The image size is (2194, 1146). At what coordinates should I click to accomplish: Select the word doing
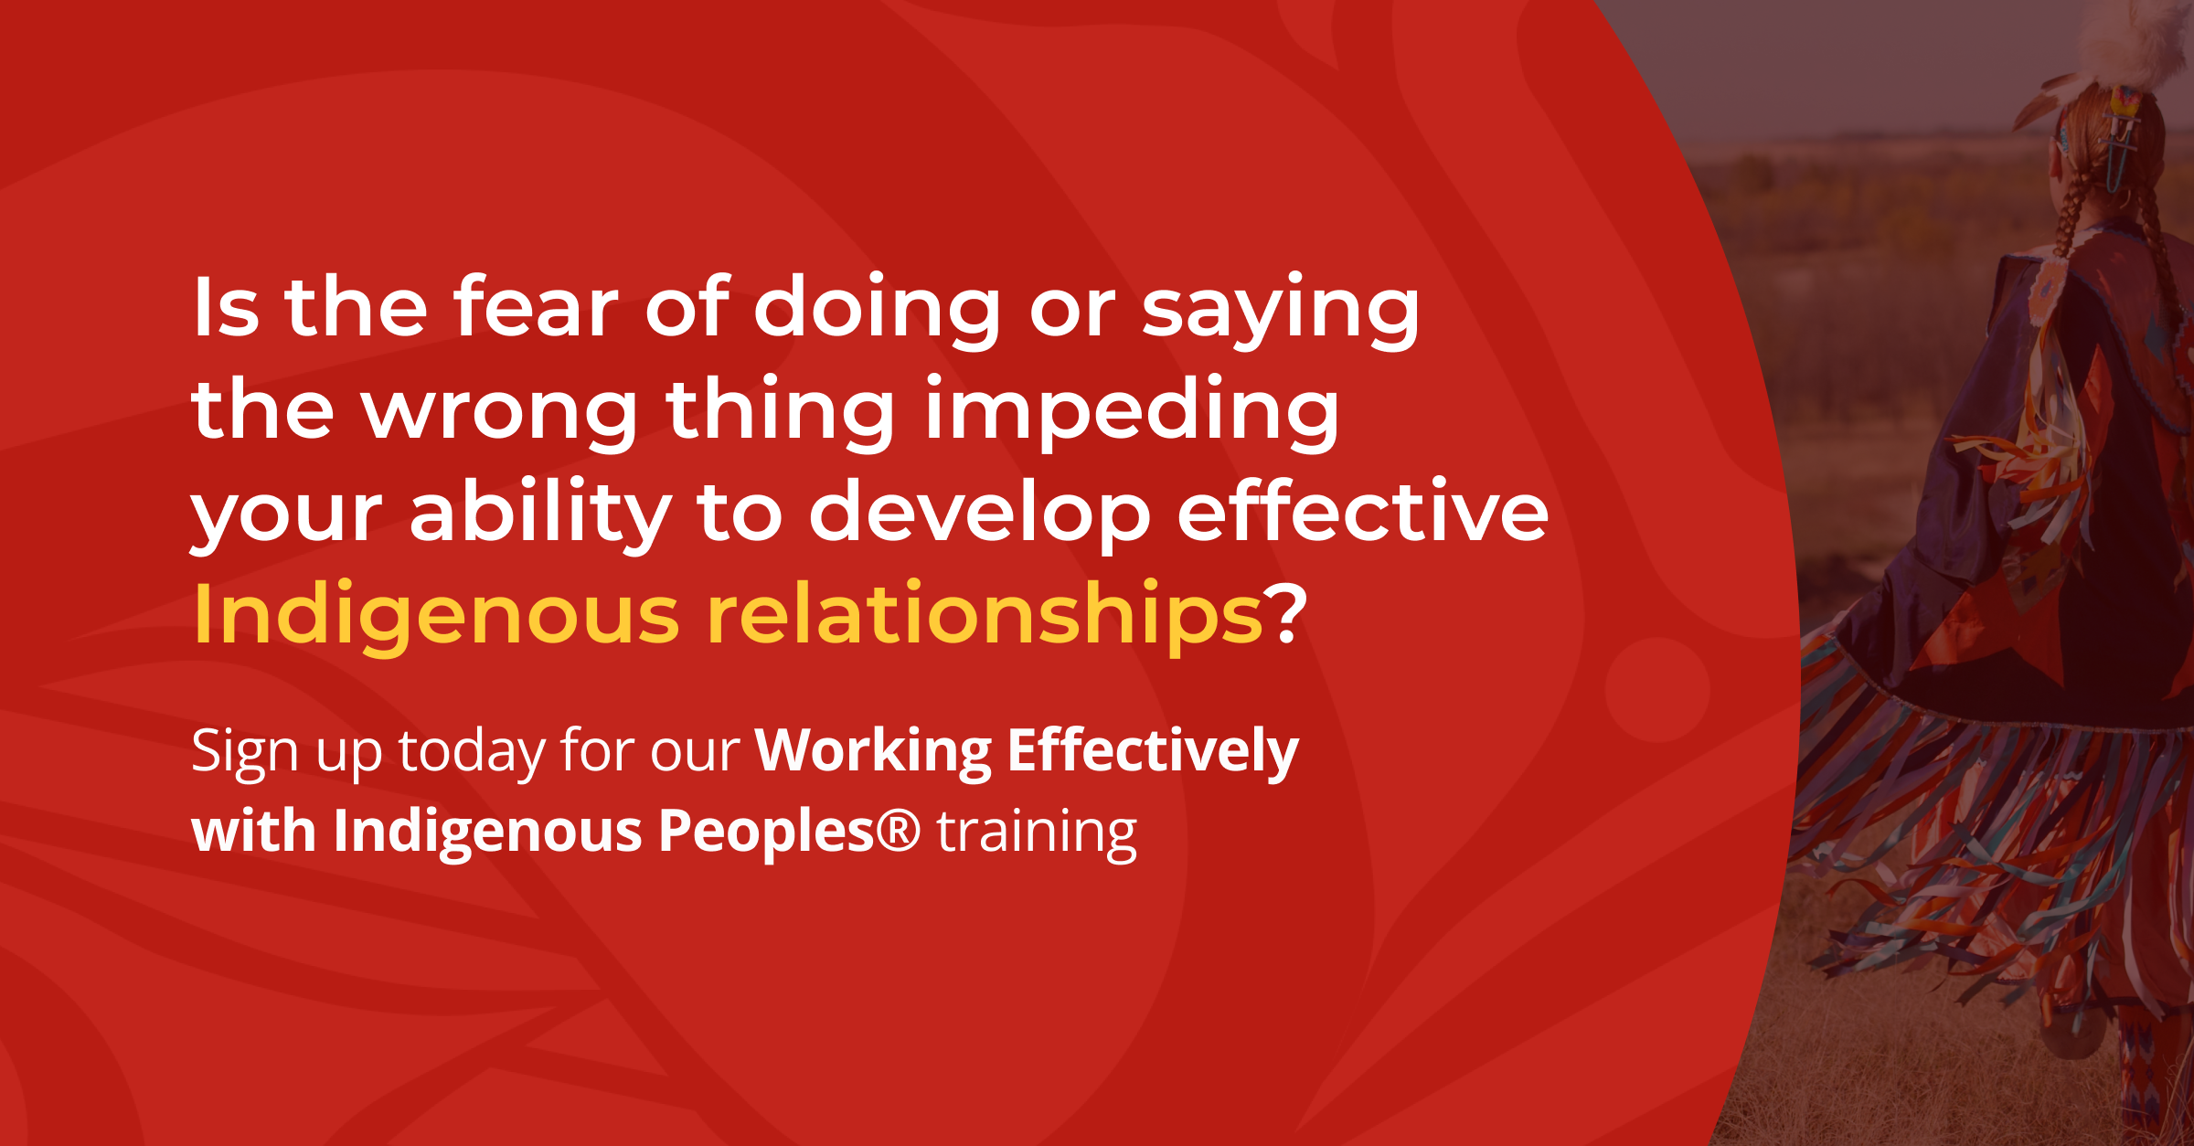(877, 312)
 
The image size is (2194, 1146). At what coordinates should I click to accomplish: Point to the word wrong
(499, 414)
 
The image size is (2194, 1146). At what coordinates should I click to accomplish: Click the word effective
(1362, 511)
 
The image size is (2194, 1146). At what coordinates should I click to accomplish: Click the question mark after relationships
(1285, 612)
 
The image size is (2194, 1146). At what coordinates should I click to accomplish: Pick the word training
(1037, 834)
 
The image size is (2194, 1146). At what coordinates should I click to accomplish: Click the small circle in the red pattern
(1656, 690)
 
